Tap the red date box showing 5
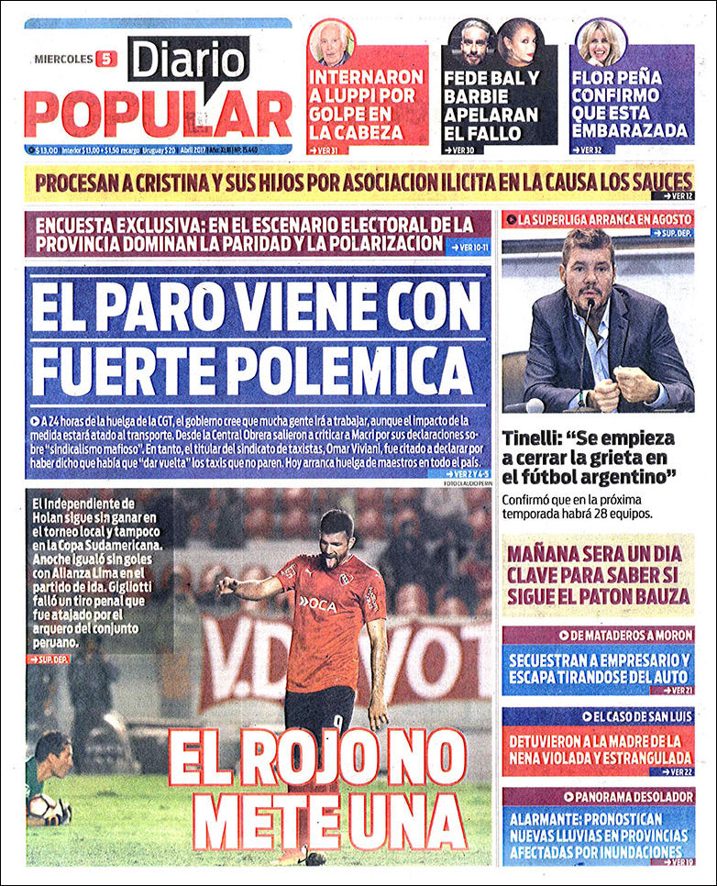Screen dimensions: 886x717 tap(105, 59)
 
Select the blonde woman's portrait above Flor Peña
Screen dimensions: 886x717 tap(601, 41)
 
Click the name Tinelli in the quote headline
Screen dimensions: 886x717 tap(535, 438)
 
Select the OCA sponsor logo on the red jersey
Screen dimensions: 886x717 tap(318, 603)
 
